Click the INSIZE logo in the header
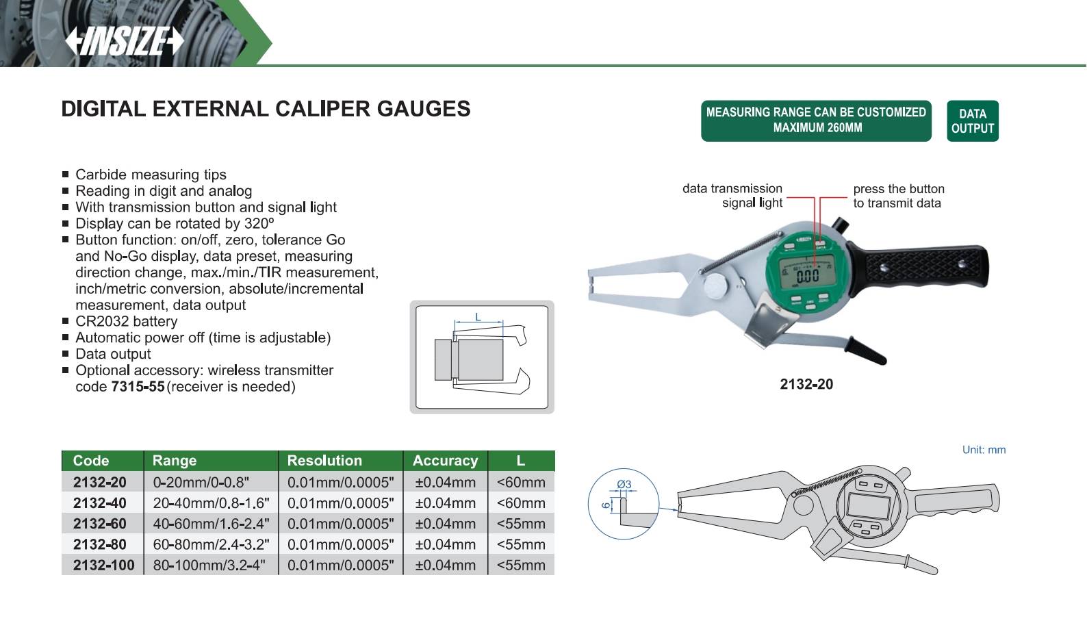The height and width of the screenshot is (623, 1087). pos(124,41)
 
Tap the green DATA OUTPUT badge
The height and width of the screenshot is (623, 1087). pos(973,120)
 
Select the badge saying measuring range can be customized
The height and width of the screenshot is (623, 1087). pos(816,120)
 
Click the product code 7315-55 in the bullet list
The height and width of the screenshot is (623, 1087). pos(138,387)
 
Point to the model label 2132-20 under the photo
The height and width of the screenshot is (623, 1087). pos(806,384)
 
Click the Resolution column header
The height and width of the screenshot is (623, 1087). pos(324,461)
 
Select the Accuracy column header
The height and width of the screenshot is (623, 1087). pos(445,461)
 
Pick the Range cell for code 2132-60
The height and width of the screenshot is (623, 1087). pos(211,524)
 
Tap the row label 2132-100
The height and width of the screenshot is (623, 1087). pos(104,565)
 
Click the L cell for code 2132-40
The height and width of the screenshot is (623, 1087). pos(521,503)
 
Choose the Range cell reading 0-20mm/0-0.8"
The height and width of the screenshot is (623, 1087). pos(201,482)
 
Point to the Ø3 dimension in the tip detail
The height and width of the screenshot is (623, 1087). pos(624,484)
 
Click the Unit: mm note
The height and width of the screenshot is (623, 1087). pos(984,450)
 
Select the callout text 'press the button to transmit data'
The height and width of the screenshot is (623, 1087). pos(899,196)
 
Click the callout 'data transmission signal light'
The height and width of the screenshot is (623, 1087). pos(732,196)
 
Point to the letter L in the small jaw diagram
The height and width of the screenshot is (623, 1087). pos(478,317)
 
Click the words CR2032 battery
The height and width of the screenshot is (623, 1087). pos(126,321)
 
